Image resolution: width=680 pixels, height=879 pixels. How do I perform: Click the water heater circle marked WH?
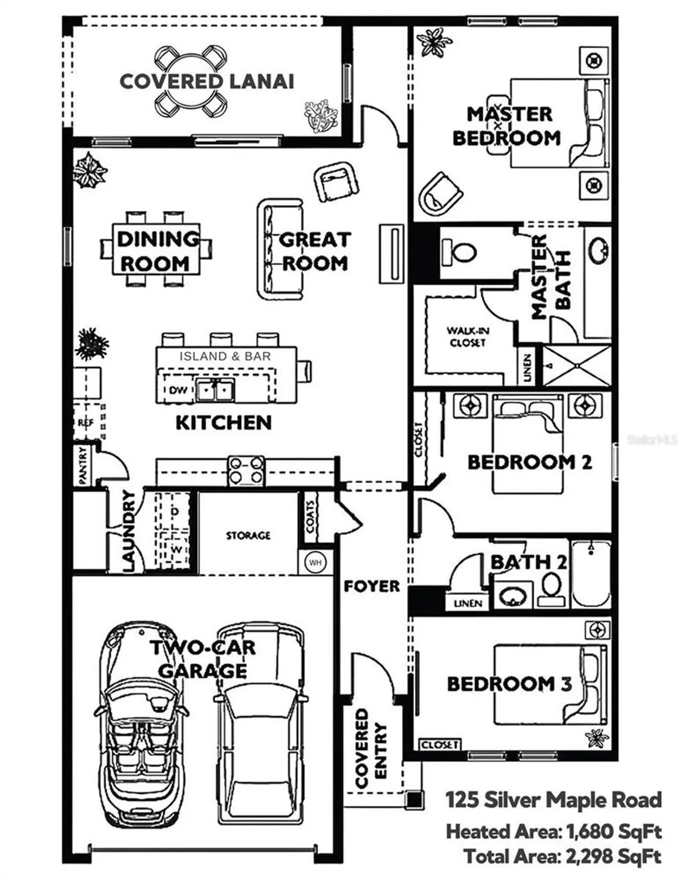315,563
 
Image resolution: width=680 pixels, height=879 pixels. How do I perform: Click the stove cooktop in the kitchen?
246,471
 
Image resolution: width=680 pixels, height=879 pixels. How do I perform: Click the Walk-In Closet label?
467,336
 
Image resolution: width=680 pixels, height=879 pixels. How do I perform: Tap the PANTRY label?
83,466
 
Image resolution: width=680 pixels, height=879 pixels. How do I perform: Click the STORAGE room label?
249,536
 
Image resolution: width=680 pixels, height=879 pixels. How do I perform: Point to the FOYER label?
372,586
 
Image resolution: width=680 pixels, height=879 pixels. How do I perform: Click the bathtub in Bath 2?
591,574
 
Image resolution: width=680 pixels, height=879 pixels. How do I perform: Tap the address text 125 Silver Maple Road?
553,800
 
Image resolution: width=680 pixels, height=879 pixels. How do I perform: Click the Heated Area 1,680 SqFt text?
553,831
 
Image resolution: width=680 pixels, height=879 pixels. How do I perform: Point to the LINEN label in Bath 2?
468,603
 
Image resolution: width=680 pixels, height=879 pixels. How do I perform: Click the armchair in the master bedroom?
441,193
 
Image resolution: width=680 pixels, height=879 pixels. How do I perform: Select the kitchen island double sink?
215,390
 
